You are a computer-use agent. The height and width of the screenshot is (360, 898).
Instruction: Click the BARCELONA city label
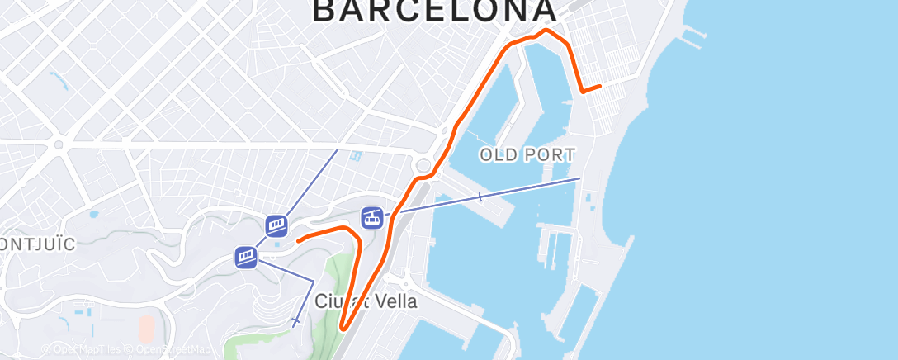434,10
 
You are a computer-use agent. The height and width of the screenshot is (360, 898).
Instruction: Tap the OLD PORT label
527,154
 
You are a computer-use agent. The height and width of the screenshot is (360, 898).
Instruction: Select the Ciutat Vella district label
366,301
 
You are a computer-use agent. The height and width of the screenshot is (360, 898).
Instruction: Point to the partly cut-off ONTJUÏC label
38,244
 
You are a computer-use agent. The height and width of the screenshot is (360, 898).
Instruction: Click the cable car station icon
372,218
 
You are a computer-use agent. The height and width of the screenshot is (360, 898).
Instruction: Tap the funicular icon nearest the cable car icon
276,225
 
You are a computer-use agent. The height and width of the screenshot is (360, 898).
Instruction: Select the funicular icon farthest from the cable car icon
246,258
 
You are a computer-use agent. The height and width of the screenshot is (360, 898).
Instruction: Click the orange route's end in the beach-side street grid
600,85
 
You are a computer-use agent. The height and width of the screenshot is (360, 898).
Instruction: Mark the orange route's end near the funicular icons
298,239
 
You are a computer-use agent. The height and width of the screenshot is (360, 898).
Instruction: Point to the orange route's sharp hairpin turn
343,330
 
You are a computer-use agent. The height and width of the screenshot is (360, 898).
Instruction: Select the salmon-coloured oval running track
145,329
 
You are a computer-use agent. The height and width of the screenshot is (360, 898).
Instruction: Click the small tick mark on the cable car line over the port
480,197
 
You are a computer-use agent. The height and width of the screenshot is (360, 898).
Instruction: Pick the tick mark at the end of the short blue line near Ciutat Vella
295,320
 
